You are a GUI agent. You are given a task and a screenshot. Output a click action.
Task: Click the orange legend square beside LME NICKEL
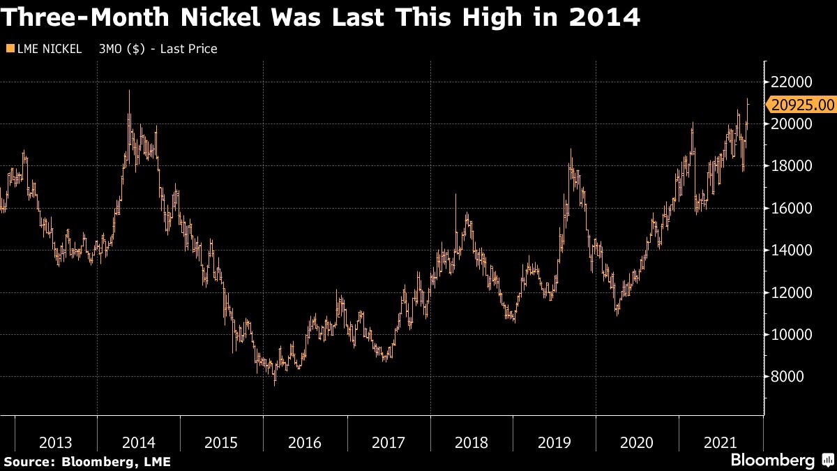[x=9, y=49]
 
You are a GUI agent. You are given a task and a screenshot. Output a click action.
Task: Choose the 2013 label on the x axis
[x=56, y=442]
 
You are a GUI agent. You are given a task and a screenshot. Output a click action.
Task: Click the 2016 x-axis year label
[x=305, y=442]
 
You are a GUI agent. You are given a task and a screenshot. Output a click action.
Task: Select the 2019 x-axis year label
[x=554, y=442]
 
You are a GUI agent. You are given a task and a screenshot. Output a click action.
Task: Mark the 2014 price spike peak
[x=129, y=91]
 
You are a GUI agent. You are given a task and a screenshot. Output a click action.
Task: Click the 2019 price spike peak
[x=571, y=149]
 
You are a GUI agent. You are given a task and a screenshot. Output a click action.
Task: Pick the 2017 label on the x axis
[x=388, y=442]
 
